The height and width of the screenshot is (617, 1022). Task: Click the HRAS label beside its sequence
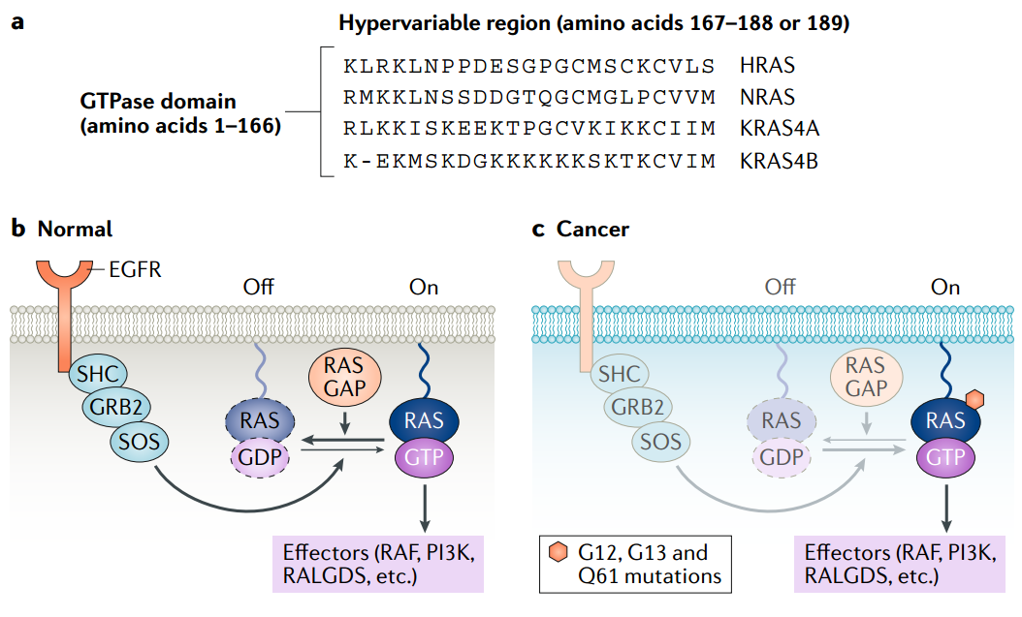tap(767, 66)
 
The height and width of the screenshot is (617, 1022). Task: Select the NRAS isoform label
tap(767, 97)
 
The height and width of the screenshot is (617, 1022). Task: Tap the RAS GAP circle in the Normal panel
tap(343, 378)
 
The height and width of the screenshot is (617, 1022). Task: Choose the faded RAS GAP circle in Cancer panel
tap(867, 378)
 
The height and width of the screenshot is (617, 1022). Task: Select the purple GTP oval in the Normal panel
tap(425, 454)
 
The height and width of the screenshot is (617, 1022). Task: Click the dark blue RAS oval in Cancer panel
tap(945, 419)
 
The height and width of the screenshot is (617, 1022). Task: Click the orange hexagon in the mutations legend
tap(558, 553)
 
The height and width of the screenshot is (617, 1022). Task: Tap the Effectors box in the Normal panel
tap(379, 564)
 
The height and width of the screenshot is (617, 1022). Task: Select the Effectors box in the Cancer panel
tap(901, 564)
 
